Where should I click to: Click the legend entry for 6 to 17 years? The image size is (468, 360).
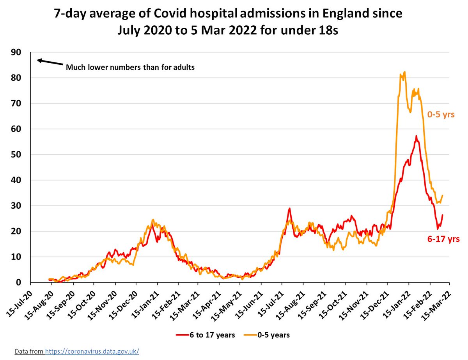pos(206,335)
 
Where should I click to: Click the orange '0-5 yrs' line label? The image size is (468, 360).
pos(441,115)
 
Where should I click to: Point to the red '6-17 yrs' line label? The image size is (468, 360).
pos(443,239)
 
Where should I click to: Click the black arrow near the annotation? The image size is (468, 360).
pos(50,62)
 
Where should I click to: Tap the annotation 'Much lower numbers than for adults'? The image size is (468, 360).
pos(130,67)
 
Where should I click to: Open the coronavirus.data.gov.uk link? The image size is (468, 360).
pos(92,351)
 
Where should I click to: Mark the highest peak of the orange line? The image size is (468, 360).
pos(405,72)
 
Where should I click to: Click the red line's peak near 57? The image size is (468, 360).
pos(416,136)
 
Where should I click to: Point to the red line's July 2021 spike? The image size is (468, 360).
pos(289,209)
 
